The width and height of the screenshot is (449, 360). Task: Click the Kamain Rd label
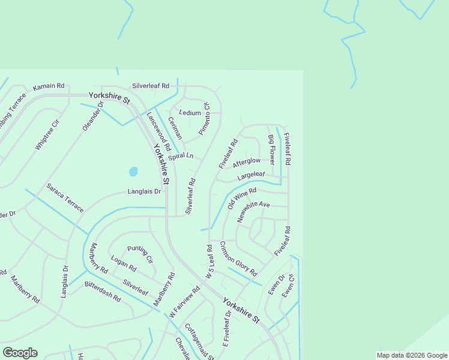49,87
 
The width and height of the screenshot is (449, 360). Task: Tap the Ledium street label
190,113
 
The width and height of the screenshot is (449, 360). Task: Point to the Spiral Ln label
181,157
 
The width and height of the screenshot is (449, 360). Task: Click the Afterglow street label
246,162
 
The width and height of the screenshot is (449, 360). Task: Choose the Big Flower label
271,150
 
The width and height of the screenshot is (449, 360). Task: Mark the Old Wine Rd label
242,199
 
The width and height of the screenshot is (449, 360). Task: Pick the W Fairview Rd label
184,302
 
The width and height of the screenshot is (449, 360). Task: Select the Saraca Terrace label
65,197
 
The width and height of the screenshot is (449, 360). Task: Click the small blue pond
133,172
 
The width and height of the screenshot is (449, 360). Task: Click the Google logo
20,353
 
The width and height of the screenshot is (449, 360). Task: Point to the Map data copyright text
412,355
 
